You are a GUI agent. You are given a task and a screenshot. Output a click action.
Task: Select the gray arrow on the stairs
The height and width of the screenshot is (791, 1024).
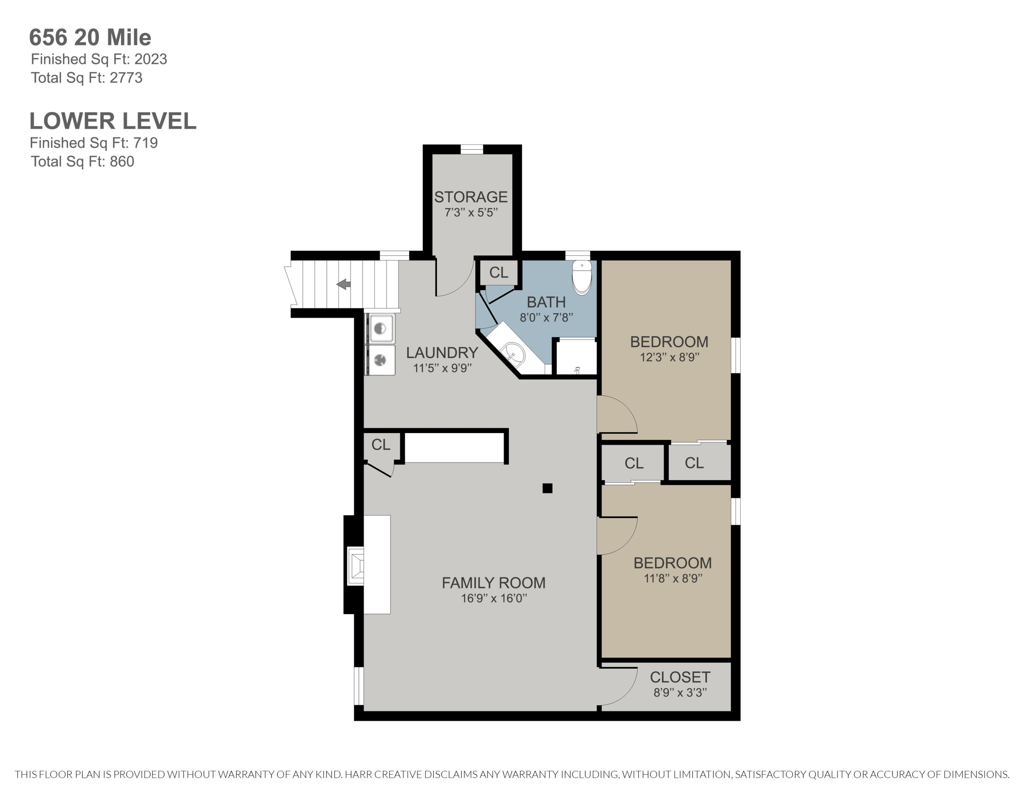pyautogui.click(x=344, y=284)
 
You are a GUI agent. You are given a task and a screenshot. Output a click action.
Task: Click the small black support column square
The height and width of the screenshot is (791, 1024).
pyautogui.click(x=547, y=488)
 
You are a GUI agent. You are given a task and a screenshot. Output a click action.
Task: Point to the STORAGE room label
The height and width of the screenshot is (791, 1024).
pyautogui.click(x=471, y=197)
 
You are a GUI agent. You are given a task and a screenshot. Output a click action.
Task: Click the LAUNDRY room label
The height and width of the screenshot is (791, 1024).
pyautogui.click(x=442, y=353)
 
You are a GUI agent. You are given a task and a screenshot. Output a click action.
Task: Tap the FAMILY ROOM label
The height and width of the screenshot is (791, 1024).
pyautogui.click(x=494, y=583)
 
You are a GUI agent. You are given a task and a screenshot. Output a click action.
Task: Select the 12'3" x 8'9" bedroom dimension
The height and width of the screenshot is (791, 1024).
pyautogui.click(x=670, y=357)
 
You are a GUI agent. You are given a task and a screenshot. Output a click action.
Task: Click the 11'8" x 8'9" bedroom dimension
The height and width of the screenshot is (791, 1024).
pyautogui.click(x=673, y=578)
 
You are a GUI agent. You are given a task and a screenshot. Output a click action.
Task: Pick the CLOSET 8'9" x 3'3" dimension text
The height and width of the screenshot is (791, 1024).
pyautogui.click(x=680, y=692)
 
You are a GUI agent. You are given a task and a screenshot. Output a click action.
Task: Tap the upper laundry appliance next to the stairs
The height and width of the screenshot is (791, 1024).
pyautogui.click(x=381, y=328)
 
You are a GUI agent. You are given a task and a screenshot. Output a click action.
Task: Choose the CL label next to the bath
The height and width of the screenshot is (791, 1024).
pyautogui.click(x=498, y=272)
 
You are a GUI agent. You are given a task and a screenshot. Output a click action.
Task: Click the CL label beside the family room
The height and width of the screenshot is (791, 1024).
pyautogui.click(x=381, y=444)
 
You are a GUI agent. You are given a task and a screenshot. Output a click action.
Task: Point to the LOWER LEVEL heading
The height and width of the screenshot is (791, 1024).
pyautogui.click(x=113, y=121)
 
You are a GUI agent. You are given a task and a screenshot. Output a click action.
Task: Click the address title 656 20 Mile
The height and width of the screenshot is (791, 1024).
pyautogui.click(x=90, y=38)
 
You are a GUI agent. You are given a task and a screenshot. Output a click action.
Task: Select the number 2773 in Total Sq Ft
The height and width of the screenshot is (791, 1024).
pyautogui.click(x=126, y=77)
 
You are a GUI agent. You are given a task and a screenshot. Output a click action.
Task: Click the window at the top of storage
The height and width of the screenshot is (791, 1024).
pyautogui.click(x=472, y=149)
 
